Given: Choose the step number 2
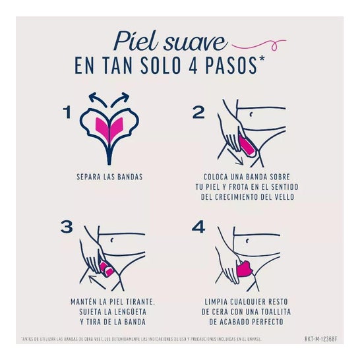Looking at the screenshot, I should (198, 113).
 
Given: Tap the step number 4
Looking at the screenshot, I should (198, 228).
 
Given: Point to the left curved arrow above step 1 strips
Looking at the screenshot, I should (97, 99).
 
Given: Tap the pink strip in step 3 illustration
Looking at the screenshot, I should (107, 268).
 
